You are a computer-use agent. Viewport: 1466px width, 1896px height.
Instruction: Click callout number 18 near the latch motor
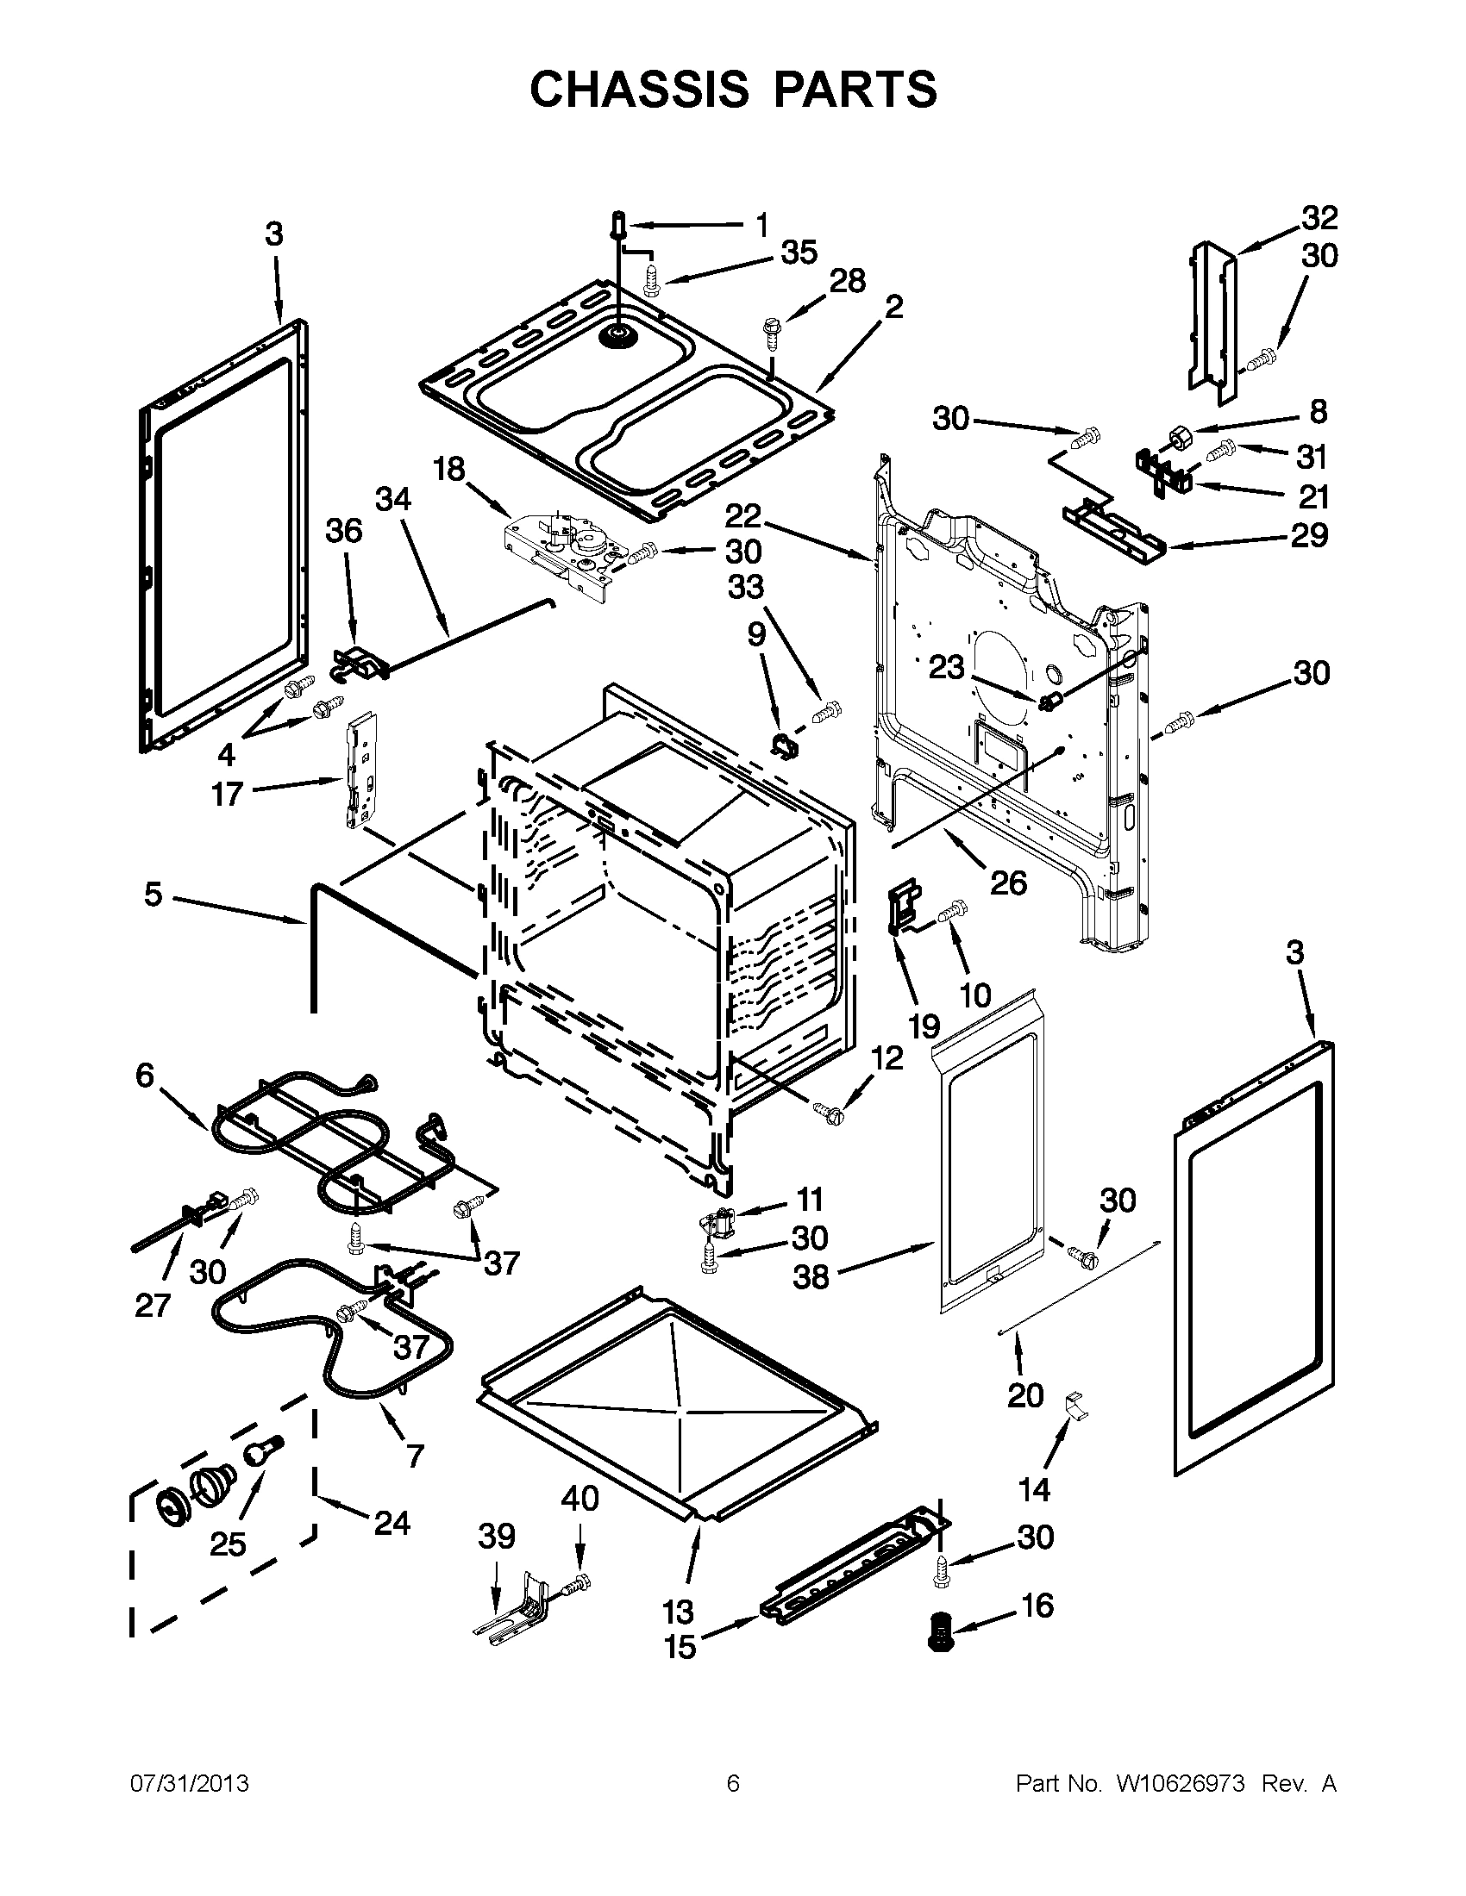click(x=450, y=470)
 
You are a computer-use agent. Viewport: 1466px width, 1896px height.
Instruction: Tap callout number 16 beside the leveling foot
click(x=1037, y=1606)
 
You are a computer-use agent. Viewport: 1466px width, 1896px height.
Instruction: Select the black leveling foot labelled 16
click(x=941, y=1631)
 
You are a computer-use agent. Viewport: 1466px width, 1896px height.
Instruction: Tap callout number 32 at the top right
click(x=1319, y=217)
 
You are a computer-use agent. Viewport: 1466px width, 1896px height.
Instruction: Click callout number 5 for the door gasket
click(x=153, y=895)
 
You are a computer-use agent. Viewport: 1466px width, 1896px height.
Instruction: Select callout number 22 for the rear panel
click(x=743, y=515)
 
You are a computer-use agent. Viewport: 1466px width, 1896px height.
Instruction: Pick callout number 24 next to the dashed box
click(x=391, y=1522)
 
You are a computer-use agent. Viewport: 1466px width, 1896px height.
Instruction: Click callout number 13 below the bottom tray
click(x=679, y=1612)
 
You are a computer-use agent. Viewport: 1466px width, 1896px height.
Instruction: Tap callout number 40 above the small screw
click(x=580, y=1499)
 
